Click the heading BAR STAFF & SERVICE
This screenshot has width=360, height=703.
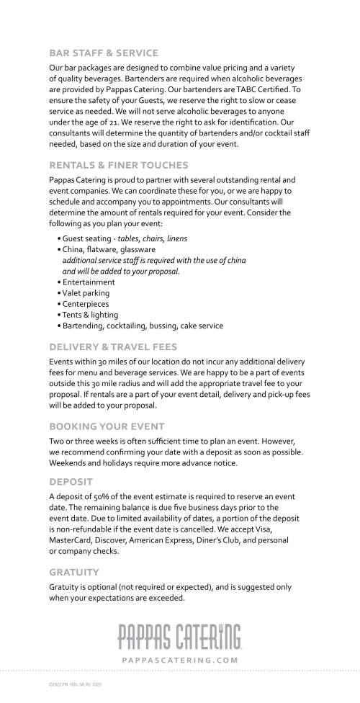103,53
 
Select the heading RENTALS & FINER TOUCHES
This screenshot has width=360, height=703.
118,166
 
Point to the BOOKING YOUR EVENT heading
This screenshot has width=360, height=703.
107,426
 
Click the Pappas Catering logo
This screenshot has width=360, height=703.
180,635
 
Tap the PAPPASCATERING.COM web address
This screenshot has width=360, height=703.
180,659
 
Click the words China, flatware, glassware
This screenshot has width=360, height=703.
109,249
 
